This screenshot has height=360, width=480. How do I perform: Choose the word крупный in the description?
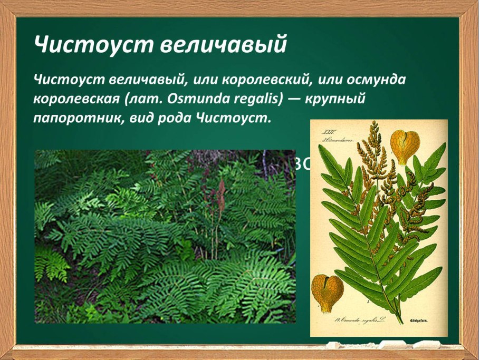[335, 98]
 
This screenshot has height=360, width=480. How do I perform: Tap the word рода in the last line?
[175, 116]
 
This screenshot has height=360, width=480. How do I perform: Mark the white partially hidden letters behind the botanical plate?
[302, 164]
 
